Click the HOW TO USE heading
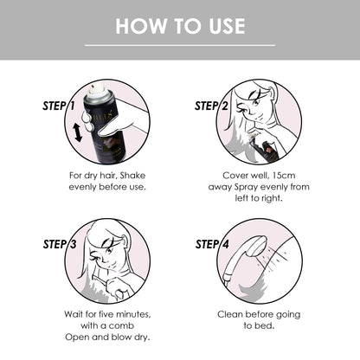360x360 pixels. pos(180,26)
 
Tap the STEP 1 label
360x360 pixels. pos(59,106)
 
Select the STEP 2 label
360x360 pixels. pos(211,106)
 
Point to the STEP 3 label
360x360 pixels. pos(60,244)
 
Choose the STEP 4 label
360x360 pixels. pos(212,244)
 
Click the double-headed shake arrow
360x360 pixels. pos(77,132)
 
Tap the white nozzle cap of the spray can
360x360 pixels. pos(98,90)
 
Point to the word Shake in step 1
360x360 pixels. pos(132,176)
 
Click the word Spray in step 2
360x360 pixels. pos(246,187)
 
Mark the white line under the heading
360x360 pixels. pos(180,45)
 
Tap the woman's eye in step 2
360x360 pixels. pos(256,103)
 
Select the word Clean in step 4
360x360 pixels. pos(229,314)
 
